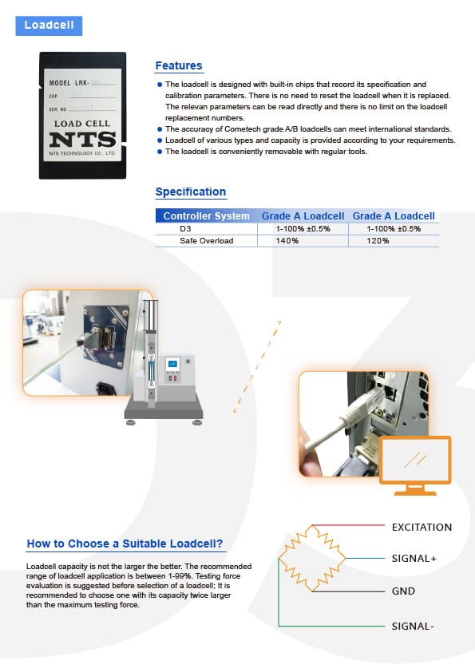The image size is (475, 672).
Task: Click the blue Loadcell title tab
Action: (49, 25)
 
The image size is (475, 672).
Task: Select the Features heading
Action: (178, 65)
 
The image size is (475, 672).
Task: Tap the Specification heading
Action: (190, 192)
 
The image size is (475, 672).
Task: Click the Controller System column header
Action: (206, 216)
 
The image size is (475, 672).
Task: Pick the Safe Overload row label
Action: (206, 240)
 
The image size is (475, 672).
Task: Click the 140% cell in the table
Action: (303, 240)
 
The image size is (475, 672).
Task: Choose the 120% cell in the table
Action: (394, 240)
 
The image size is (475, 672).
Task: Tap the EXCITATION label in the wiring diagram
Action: (422, 528)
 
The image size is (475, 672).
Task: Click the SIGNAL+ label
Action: (414, 559)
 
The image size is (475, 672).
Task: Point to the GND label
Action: (402, 592)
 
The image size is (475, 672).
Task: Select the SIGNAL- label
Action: (412, 626)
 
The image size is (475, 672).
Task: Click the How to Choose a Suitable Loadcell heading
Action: (125, 544)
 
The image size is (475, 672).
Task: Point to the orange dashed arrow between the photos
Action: (257, 366)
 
